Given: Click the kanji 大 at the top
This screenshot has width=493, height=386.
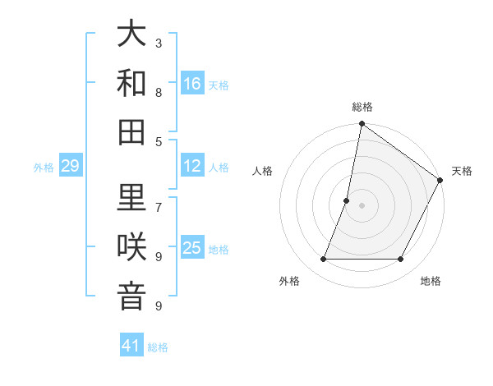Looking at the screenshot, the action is pyautogui.click(x=131, y=34).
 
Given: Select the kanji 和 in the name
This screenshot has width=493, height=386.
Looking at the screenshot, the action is pyautogui.click(x=131, y=82).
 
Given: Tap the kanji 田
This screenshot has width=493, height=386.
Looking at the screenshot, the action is pyautogui.click(x=131, y=131).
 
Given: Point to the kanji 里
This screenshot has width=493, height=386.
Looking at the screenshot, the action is pyautogui.click(x=131, y=197).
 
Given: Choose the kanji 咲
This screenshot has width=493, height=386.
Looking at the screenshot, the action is pyautogui.click(x=131, y=246).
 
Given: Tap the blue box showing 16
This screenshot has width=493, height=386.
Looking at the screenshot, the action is pyautogui.click(x=192, y=83).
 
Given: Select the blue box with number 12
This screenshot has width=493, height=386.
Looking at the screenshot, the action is pyautogui.click(x=192, y=166).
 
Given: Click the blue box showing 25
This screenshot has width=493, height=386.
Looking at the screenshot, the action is pyautogui.click(x=192, y=248).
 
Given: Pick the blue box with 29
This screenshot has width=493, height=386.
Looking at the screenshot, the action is pyautogui.click(x=71, y=167).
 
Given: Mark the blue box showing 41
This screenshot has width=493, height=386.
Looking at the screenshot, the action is pyautogui.click(x=131, y=346).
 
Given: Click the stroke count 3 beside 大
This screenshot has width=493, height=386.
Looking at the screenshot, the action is pyautogui.click(x=159, y=43).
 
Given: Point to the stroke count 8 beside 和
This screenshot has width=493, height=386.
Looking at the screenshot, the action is pyautogui.click(x=159, y=92).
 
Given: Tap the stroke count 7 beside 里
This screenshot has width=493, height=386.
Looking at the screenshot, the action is pyautogui.click(x=159, y=207).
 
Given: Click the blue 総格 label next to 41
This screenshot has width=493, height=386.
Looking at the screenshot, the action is pyautogui.click(x=158, y=347).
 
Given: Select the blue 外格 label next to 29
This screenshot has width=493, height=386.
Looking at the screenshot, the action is pyautogui.click(x=44, y=168).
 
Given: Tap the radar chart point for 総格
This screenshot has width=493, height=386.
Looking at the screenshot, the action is pyautogui.click(x=362, y=124).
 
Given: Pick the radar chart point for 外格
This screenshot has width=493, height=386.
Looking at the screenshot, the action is pyautogui.click(x=323, y=260).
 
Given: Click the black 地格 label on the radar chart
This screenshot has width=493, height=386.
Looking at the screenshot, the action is pyautogui.click(x=431, y=281).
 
